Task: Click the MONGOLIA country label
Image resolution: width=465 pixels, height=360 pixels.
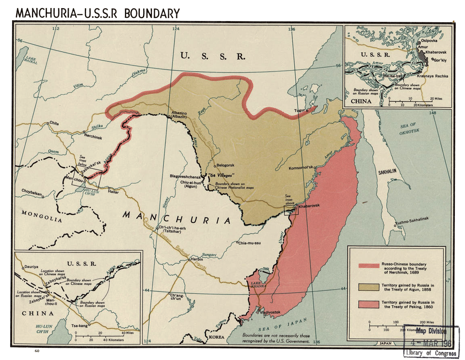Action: [x=42, y=216]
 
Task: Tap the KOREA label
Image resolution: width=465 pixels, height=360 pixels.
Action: [x=217, y=337]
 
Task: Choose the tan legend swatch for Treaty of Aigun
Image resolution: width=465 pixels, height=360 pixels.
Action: [x=369, y=287]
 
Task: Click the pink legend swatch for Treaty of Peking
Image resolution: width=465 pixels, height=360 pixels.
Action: [x=369, y=304]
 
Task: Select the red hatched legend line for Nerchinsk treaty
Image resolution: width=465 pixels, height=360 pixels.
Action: [x=369, y=266]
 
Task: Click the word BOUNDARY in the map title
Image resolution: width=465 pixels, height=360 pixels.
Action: [x=152, y=13]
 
